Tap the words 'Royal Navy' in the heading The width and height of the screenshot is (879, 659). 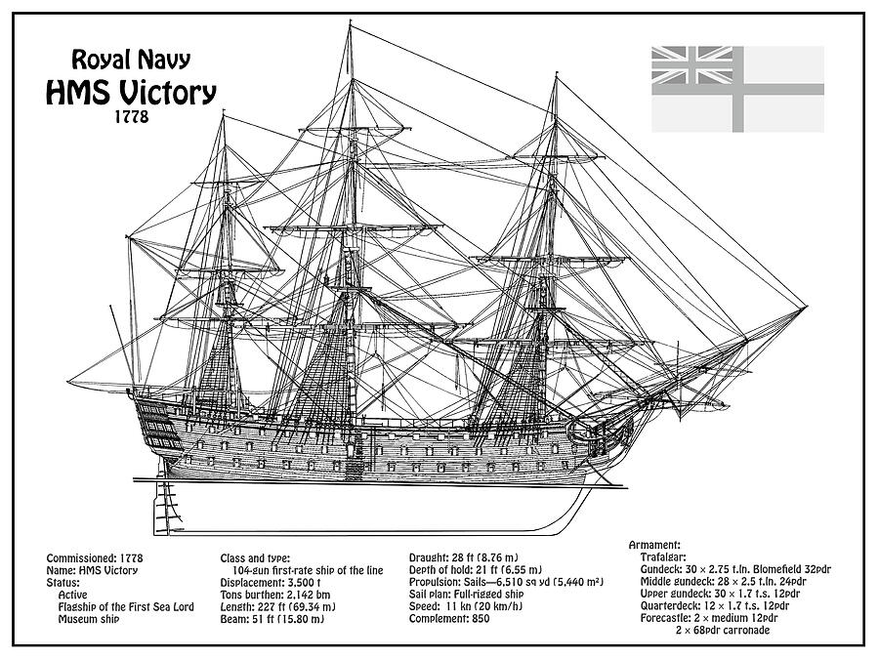(x=131, y=60)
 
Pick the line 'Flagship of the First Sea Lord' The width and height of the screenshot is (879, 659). (x=126, y=607)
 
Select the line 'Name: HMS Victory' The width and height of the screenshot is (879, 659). (x=92, y=570)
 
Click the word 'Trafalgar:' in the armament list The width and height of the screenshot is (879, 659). (x=662, y=556)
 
